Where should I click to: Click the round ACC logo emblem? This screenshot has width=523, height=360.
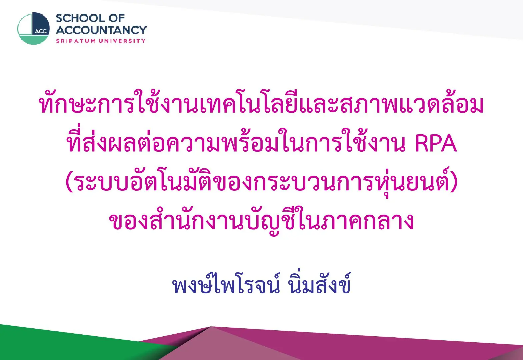(34, 28)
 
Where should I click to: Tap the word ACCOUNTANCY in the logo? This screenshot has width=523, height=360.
(101, 30)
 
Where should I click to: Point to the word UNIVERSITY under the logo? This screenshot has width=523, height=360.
(122, 41)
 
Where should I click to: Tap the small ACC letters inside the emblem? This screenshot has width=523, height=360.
(41, 32)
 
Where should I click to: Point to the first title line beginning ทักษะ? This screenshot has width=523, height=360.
(261, 103)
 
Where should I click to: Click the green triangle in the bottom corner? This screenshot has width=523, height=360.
(70, 343)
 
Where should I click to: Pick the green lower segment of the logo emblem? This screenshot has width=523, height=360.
(34, 40)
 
